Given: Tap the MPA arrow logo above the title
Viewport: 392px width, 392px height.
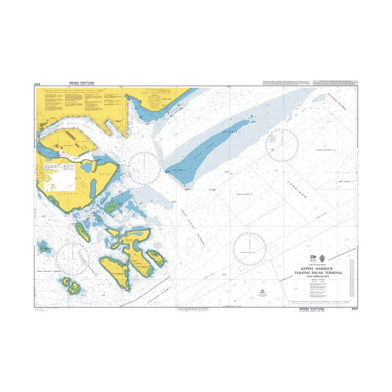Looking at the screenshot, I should click(313, 259).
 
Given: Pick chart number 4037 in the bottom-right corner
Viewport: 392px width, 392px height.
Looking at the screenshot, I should click(352, 309).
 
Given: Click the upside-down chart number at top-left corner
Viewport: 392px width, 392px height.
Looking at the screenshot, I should click(38, 85).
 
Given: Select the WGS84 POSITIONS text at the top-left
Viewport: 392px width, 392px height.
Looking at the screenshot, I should click(82, 83).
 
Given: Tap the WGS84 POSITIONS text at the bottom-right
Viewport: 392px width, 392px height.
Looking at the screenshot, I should click(309, 309).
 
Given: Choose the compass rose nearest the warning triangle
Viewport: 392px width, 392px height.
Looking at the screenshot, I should click(249, 246).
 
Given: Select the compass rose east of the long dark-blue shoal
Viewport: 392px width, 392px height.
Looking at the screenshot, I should click(282, 145).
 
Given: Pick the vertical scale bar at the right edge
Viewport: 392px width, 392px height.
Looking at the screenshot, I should click(351, 272).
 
